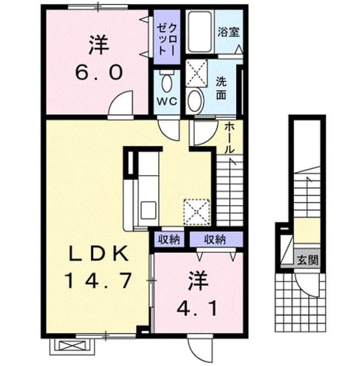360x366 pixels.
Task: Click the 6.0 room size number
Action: pos(99,72)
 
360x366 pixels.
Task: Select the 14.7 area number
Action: pos(98,281)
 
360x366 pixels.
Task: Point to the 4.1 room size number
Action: pos(197,308)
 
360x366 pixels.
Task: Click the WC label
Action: pos(166,101)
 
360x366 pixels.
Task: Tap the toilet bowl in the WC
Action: pos(166,81)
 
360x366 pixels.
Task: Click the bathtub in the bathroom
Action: pos(200,31)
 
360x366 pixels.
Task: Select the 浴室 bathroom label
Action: pos(229,32)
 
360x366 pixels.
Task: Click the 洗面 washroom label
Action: pos(221,88)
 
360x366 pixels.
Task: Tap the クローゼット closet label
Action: pos(166,40)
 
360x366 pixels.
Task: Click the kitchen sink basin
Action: pos(148,211)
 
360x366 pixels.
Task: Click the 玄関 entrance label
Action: pos(308,260)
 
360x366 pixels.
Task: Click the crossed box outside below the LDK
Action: pos(72,346)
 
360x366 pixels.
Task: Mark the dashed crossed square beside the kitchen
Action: pos(197,212)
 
